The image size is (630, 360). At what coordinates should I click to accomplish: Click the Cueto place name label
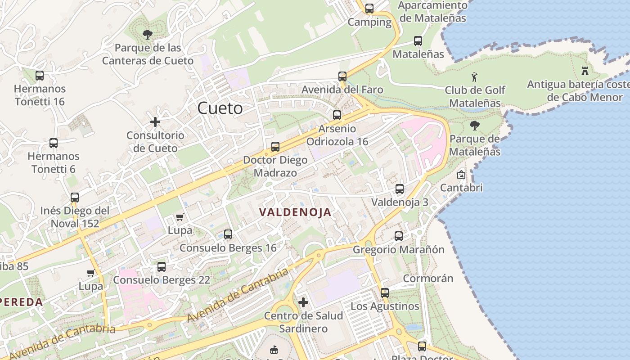tap(220, 108)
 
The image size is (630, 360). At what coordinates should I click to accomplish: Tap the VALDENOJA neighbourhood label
tap(295, 212)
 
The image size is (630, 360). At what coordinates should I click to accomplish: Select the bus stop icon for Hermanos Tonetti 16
tap(40, 76)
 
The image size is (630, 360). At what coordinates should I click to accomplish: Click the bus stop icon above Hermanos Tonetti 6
tap(54, 143)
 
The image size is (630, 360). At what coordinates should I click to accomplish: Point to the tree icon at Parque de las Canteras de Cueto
tap(147, 34)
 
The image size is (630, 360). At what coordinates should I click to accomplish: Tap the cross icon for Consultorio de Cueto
tap(155, 122)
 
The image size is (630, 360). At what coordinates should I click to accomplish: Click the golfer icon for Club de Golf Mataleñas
tap(474, 77)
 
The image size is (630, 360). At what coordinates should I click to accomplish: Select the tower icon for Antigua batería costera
tap(585, 71)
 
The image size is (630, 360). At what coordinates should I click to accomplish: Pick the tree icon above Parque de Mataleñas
tap(474, 126)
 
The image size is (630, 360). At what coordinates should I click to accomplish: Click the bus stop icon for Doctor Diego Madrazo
tap(275, 147)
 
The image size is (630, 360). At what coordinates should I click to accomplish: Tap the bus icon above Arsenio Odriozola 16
tap(337, 115)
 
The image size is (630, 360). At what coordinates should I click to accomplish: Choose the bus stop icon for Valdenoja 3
tap(400, 189)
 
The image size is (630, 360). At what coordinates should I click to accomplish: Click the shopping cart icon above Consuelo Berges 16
tap(180, 217)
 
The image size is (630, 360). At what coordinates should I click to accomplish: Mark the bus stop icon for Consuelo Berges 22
tap(162, 267)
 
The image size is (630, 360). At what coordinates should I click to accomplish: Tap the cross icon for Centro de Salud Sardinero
tap(303, 302)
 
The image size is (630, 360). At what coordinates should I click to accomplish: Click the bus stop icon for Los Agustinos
tap(385, 293)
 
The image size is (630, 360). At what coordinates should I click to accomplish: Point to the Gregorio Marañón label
tap(398, 250)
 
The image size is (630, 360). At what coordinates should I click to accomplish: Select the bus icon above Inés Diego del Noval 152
tap(75, 197)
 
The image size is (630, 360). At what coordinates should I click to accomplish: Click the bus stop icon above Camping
tap(369, 9)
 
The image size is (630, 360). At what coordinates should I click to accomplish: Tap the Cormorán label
tap(428, 279)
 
